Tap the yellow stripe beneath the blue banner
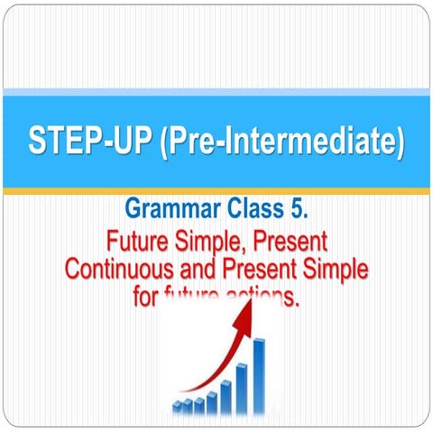(216, 191)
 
